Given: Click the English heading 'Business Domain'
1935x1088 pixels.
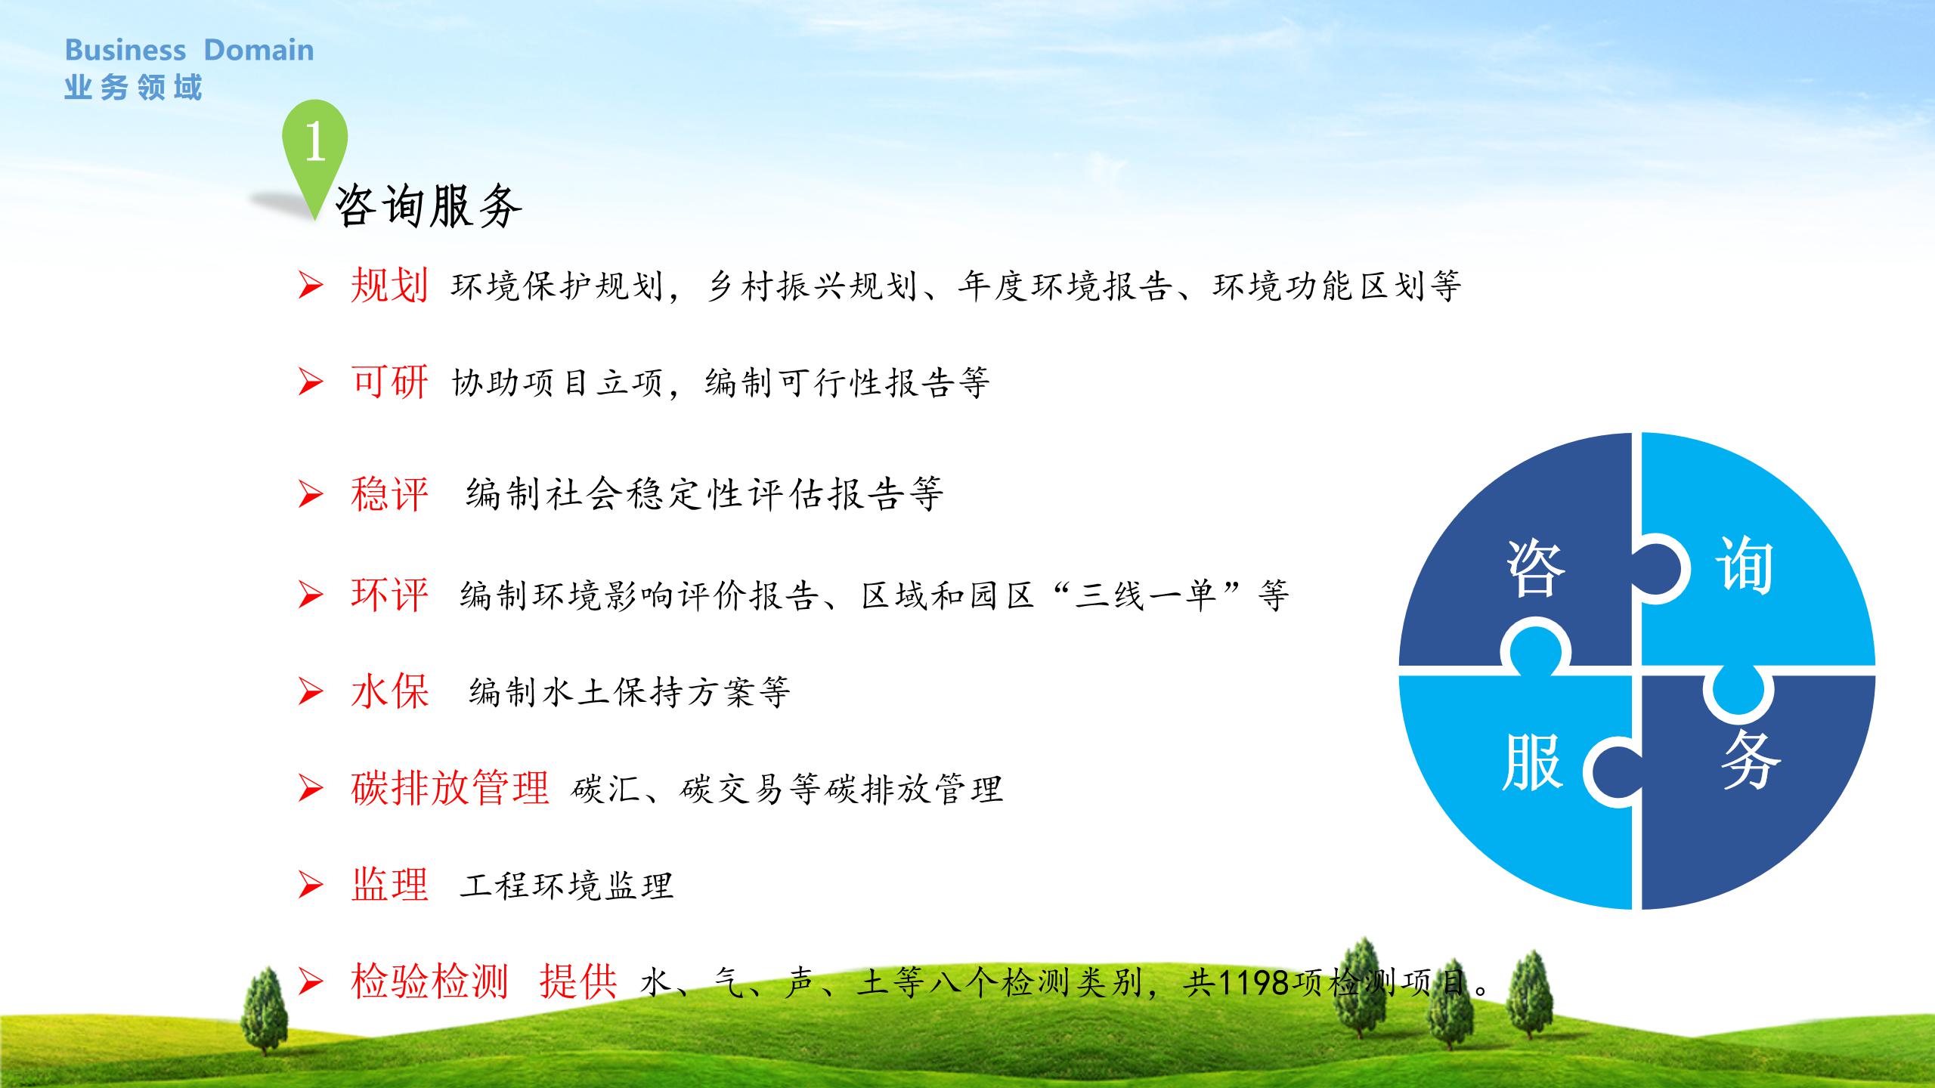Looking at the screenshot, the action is pyautogui.click(x=189, y=50).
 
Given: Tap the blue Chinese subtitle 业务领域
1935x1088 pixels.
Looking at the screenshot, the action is pyautogui.click(x=134, y=88).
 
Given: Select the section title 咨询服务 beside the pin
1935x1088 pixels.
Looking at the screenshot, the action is pyautogui.click(x=428, y=206).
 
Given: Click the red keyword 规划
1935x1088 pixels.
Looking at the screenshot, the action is pyautogui.click(x=389, y=286).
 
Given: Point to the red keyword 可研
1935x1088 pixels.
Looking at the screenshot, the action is pyautogui.click(x=389, y=382).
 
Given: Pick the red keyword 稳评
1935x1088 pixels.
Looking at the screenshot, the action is pyautogui.click(x=389, y=494).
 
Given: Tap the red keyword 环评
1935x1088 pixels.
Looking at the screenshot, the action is pyautogui.click(x=389, y=595).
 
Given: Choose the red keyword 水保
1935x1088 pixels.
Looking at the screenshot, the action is pyautogui.click(x=389, y=691).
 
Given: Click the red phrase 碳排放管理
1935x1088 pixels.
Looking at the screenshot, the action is pyautogui.click(x=450, y=788).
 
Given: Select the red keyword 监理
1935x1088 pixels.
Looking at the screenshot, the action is pyautogui.click(x=389, y=885).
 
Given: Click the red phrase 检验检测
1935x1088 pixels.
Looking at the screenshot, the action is pyautogui.click(x=429, y=981).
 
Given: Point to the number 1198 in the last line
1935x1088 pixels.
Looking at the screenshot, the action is pyautogui.click(x=1254, y=983).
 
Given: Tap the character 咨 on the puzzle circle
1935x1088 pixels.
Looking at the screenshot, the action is pyautogui.click(x=1535, y=568).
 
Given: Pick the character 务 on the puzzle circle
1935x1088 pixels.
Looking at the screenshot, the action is pyautogui.click(x=1751, y=759).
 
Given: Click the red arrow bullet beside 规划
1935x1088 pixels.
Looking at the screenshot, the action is pyautogui.click(x=311, y=286).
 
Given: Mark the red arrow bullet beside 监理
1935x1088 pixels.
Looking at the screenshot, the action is pyautogui.click(x=311, y=885).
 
